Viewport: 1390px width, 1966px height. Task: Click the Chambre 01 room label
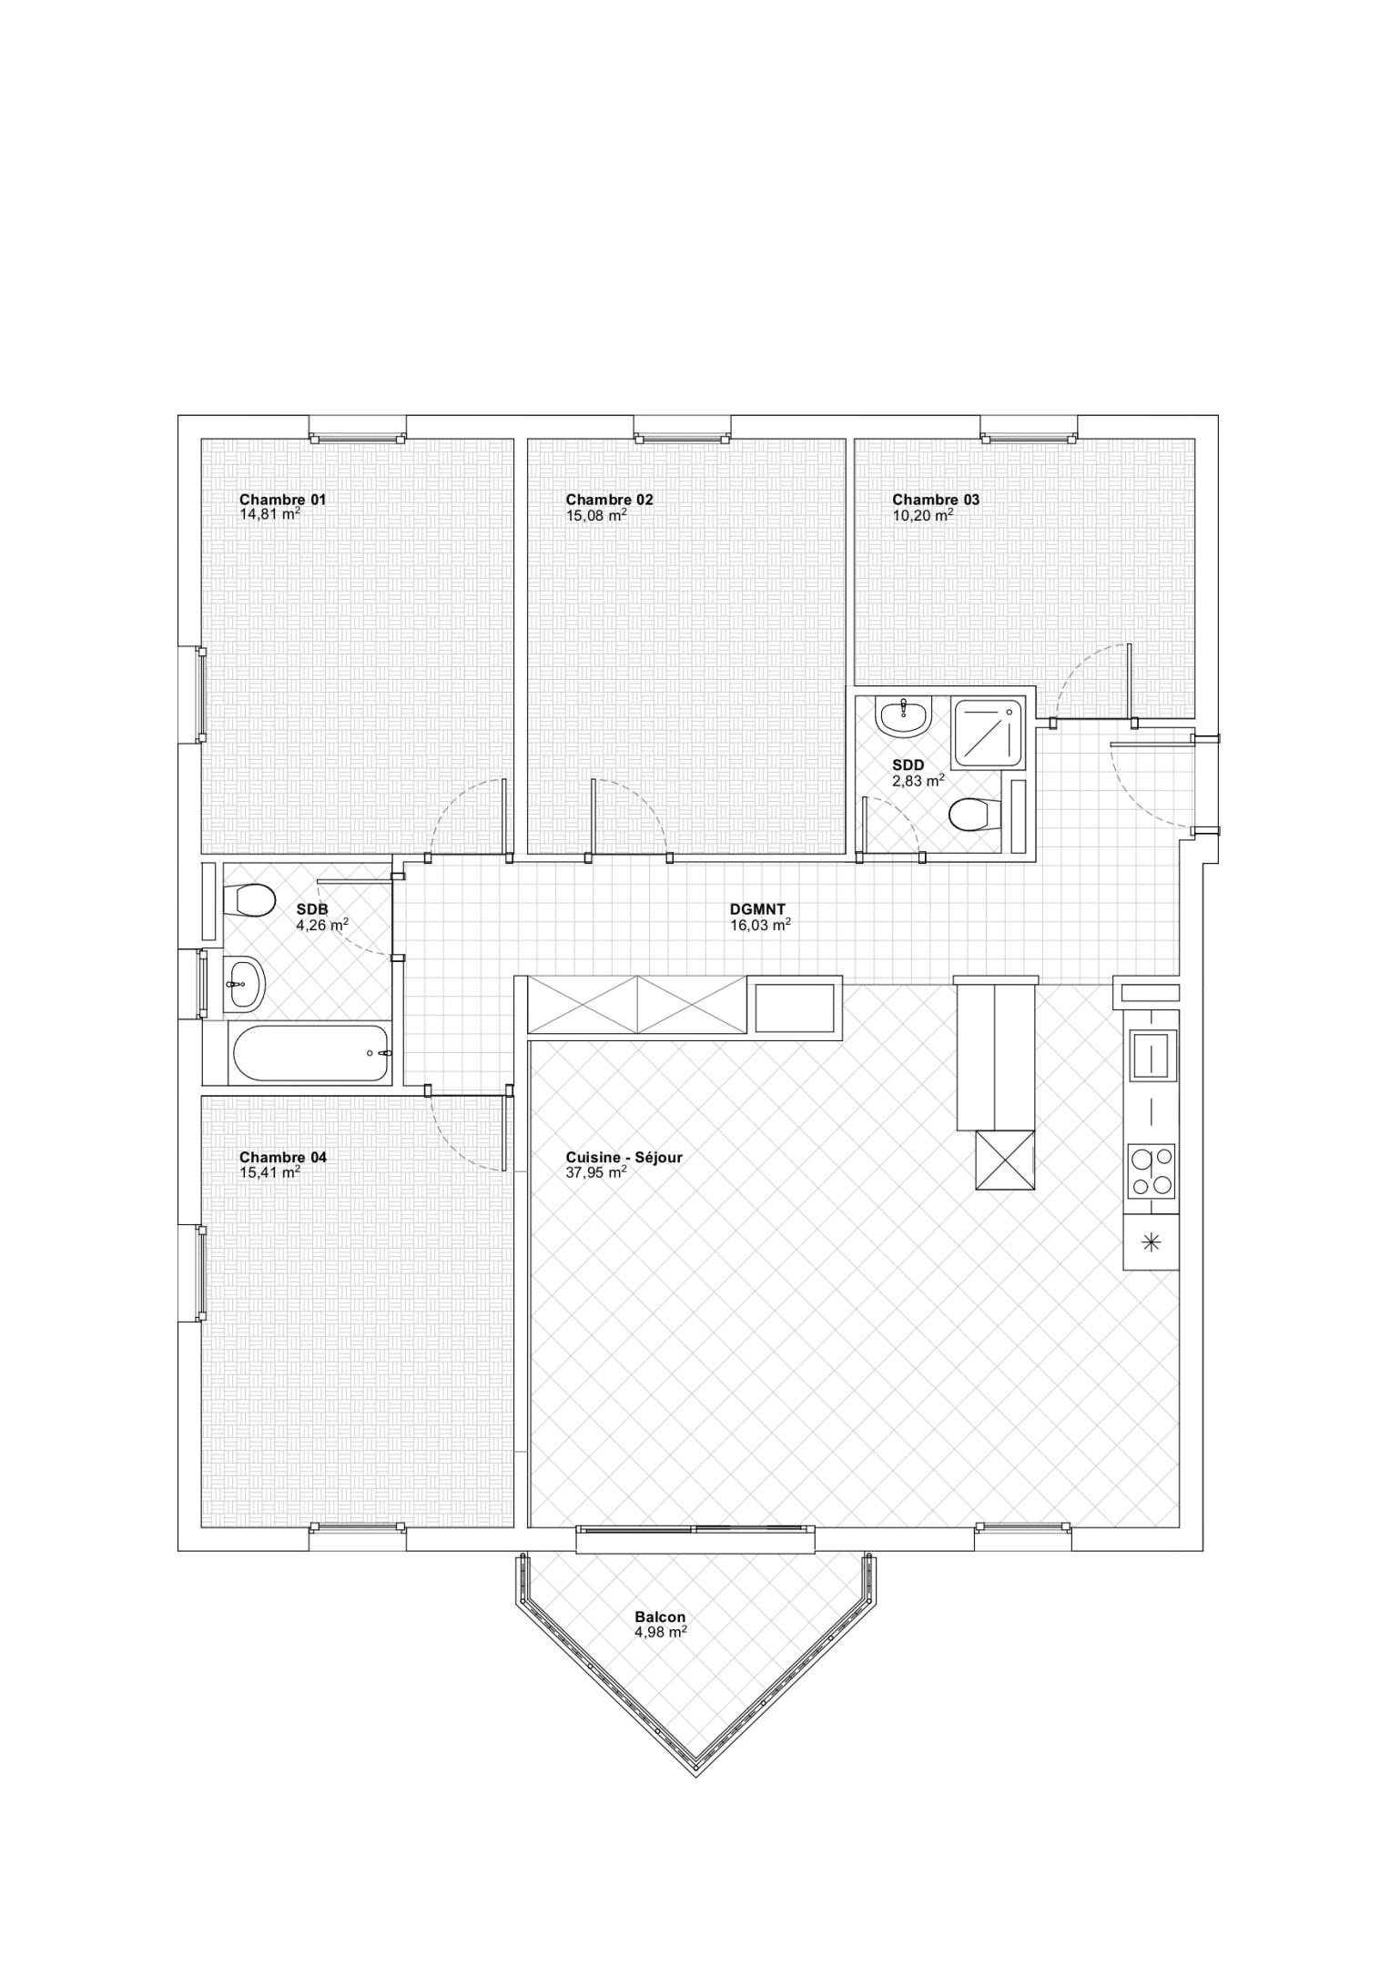pyautogui.click(x=282, y=499)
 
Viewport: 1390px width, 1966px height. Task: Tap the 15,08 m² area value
pyautogui.click(x=596, y=514)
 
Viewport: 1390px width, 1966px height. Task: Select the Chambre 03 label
pyautogui.click(x=936, y=499)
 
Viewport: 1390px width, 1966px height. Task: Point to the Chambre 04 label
pyautogui.click(x=282, y=1157)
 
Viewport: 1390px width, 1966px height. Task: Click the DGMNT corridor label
pyautogui.click(x=757, y=908)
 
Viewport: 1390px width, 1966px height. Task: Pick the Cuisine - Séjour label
pyautogui.click(x=624, y=1157)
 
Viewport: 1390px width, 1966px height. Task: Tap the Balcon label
pyautogui.click(x=660, y=1616)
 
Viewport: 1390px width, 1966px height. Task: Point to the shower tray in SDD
pyautogui.click(x=988, y=733)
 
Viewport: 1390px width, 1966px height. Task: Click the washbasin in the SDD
pyautogui.click(x=902, y=715)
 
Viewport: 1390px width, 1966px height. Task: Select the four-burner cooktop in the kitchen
pyautogui.click(x=1152, y=1171)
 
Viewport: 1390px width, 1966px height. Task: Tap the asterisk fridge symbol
pyautogui.click(x=1152, y=1241)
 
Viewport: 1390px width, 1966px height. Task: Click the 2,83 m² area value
pyautogui.click(x=918, y=780)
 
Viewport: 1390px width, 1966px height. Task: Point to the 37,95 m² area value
pyautogui.click(x=596, y=1172)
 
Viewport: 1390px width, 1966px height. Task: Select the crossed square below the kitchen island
pyautogui.click(x=1005, y=1160)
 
